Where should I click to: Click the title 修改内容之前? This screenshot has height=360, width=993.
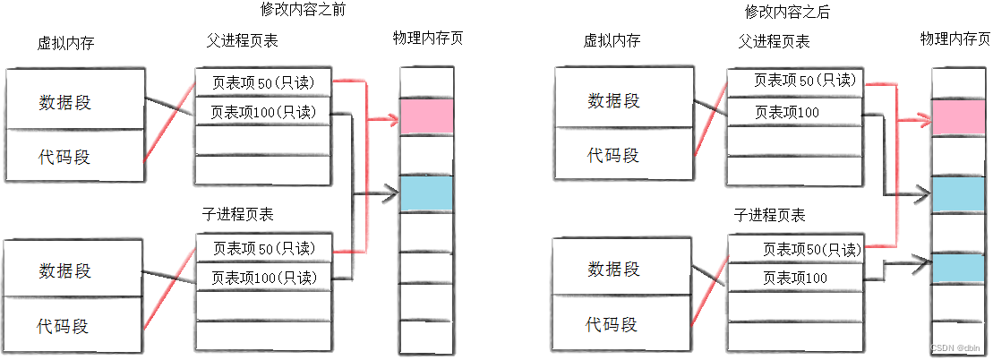pos(302,11)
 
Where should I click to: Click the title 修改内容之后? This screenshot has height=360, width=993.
pos(788,12)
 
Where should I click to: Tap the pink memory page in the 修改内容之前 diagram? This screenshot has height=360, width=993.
pos(426,116)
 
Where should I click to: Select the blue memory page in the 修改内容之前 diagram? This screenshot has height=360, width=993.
pos(426,193)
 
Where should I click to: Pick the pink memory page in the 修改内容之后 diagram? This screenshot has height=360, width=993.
pos(959,117)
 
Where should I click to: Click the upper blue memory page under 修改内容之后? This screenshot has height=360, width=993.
pos(959,194)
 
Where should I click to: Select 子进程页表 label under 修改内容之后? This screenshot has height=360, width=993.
pos(770,215)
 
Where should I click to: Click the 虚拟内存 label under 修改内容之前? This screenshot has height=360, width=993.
pos(64,41)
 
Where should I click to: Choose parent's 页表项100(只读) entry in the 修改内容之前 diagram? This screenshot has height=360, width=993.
pos(263,113)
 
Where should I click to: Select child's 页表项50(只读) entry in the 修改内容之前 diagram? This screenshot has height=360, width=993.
pos(263,247)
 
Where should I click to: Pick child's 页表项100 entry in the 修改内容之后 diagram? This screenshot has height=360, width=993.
pos(795,278)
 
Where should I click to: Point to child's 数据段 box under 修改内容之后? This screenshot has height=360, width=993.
pos(614,267)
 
